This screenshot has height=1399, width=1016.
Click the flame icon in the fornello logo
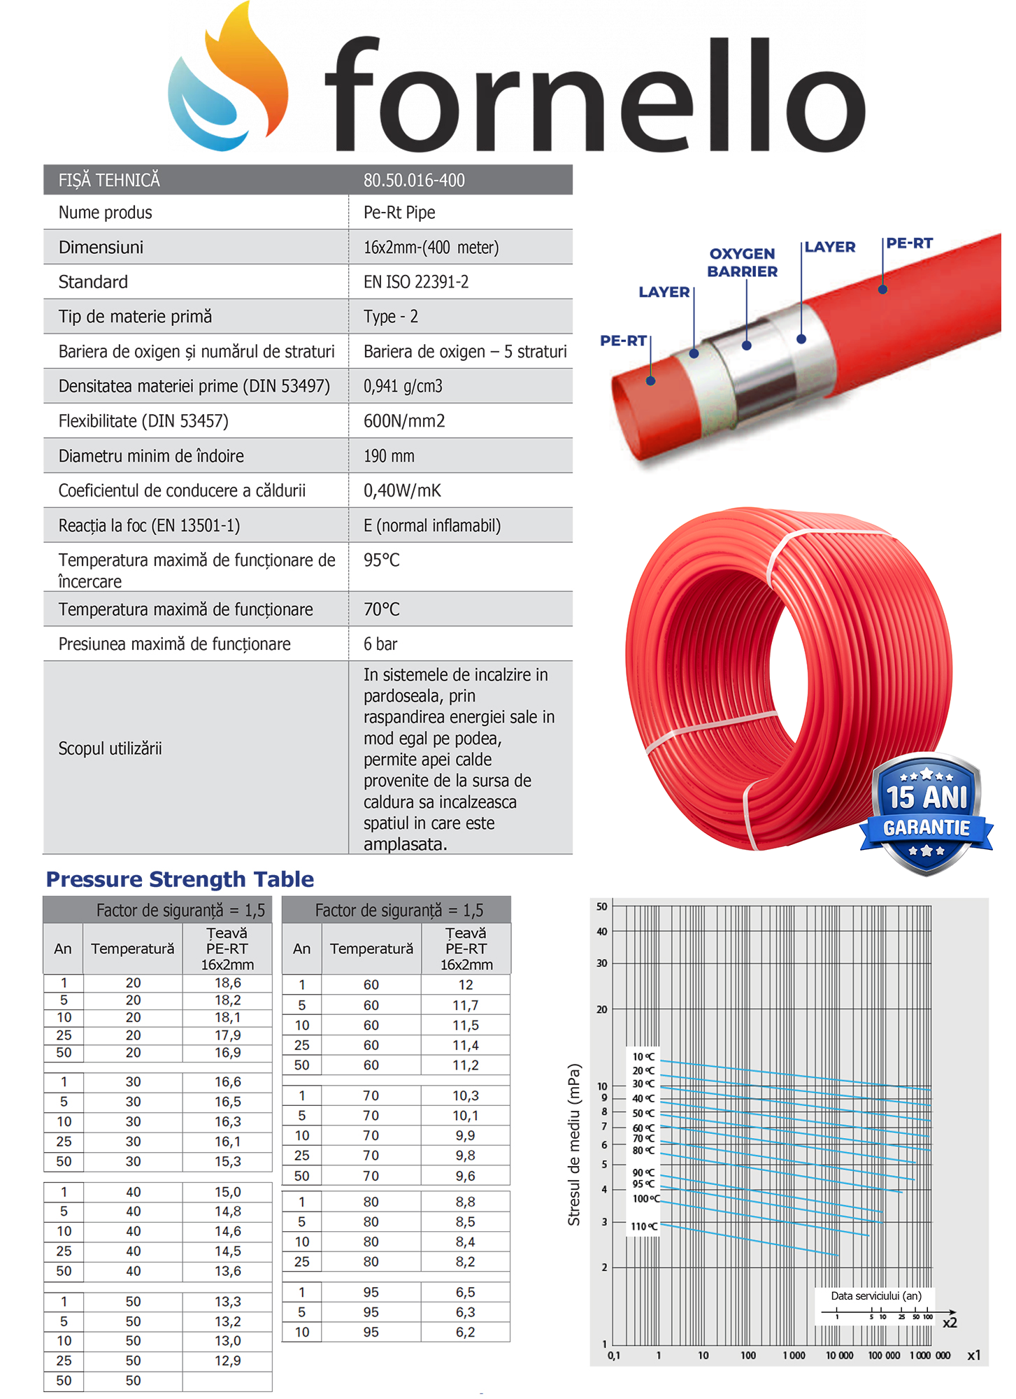231,77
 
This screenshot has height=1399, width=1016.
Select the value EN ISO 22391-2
416,282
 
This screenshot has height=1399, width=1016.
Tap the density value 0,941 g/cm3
403,386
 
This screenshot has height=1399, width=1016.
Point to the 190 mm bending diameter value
389,456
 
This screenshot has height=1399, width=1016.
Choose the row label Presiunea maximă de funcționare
175,644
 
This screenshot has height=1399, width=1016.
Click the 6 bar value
380,644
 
